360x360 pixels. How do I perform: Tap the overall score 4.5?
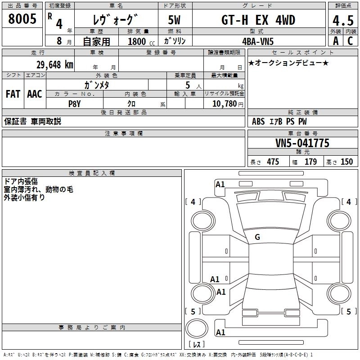point(342,20)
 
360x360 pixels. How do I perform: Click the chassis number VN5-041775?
point(302,143)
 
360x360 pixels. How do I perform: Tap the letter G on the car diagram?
point(257,237)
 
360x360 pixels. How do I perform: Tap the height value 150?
point(346,162)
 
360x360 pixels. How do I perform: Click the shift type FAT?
point(13,94)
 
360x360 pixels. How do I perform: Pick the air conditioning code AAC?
point(35,94)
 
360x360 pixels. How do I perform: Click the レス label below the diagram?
point(196,344)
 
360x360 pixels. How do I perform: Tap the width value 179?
point(310,162)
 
